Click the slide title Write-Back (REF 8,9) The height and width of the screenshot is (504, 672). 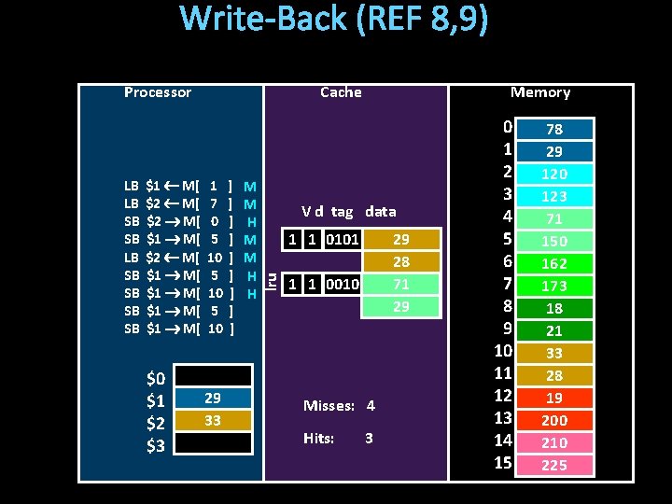click(x=333, y=21)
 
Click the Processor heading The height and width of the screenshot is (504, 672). click(x=157, y=91)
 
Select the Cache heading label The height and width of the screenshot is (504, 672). click(x=341, y=91)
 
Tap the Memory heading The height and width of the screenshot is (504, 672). click(x=540, y=91)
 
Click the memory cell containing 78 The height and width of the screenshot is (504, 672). click(x=554, y=129)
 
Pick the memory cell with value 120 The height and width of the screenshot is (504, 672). click(x=554, y=174)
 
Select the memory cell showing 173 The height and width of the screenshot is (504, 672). click(x=554, y=286)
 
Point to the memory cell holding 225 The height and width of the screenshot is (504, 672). click(x=554, y=465)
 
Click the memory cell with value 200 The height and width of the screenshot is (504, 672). click(x=554, y=420)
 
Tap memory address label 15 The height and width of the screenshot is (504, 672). click(x=503, y=462)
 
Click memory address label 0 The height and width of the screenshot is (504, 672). click(x=507, y=126)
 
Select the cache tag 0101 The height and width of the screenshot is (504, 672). click(x=345, y=240)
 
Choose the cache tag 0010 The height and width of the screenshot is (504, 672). click(x=345, y=284)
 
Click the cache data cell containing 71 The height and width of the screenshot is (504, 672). click(x=400, y=284)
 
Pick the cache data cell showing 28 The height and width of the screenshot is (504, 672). click(x=400, y=262)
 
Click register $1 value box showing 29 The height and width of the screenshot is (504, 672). click(x=213, y=399)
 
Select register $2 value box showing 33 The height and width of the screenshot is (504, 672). click(x=213, y=421)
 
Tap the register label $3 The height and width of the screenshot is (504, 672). click(x=156, y=445)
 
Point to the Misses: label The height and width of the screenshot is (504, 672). click(x=328, y=406)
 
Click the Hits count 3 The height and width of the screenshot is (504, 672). click(x=370, y=438)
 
